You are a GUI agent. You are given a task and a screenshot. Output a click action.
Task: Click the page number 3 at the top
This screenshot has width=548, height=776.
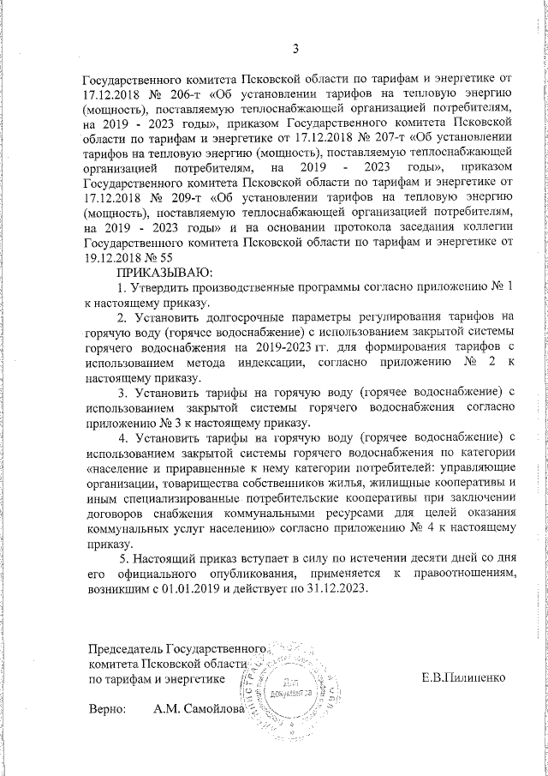coord(295,48)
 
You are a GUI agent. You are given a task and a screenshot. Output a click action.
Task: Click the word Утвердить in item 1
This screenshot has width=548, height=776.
coord(168,287)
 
